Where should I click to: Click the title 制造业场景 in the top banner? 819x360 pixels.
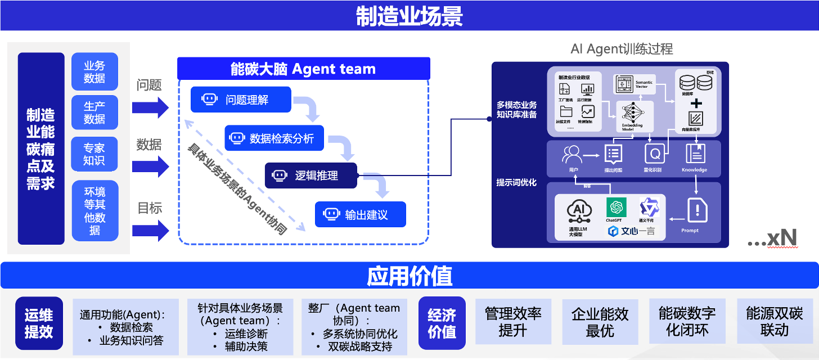[x=409, y=16]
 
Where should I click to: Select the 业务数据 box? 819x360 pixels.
[x=94, y=71]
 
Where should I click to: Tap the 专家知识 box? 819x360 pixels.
[x=94, y=154]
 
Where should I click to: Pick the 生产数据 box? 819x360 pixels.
[x=94, y=112]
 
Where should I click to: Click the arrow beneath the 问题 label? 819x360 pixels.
[x=151, y=107]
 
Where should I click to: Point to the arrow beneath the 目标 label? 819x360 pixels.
[x=151, y=231]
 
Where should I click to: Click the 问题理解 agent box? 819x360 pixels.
[x=241, y=100]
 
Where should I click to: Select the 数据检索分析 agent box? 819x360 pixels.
[x=274, y=138]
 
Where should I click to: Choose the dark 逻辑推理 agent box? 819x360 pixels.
[x=311, y=175]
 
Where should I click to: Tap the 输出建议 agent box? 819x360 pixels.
[x=361, y=214]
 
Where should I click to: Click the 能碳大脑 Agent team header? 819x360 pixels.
[x=303, y=69]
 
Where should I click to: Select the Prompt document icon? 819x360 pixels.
[x=697, y=211]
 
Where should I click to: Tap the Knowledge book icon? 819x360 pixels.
[x=695, y=154]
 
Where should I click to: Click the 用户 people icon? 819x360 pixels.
[x=572, y=154]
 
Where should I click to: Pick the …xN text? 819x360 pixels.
[x=772, y=238]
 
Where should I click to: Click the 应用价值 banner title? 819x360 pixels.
[x=409, y=276]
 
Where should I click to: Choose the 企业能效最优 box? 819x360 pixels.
[x=600, y=322]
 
